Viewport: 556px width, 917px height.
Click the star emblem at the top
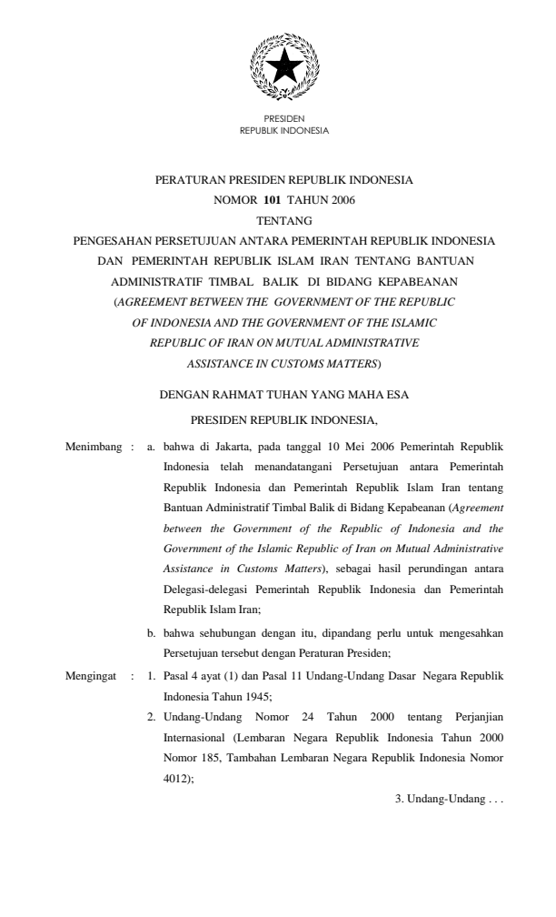(x=283, y=65)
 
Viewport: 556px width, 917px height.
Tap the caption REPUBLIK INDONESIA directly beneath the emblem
(x=283, y=130)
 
